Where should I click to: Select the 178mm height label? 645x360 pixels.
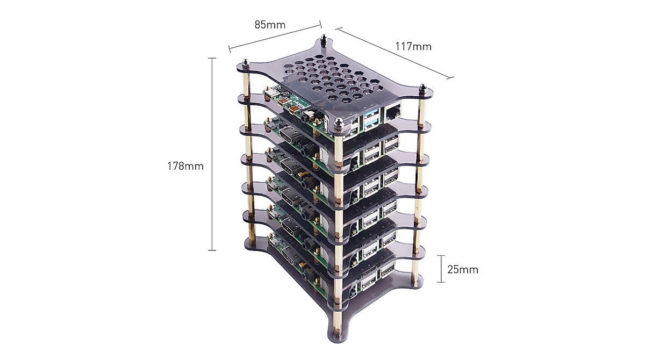click(x=185, y=166)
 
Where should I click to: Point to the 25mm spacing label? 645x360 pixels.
click(x=462, y=269)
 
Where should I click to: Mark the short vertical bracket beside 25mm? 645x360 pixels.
click(x=441, y=269)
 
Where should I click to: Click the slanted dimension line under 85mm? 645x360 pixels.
click(x=275, y=38)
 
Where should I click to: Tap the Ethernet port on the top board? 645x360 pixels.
click(x=391, y=113)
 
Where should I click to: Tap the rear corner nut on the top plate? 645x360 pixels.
click(x=324, y=40)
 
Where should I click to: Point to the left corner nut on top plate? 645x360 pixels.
click(x=245, y=65)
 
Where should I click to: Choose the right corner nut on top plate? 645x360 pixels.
click(x=422, y=89)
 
